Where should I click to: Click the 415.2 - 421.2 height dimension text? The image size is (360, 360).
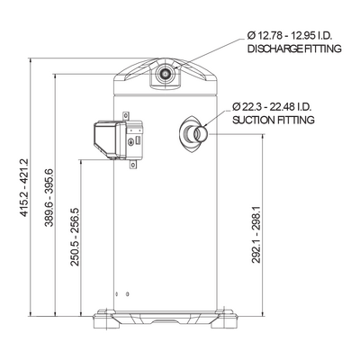coord(24,187)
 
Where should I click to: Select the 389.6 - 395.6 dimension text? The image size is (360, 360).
coord(49,197)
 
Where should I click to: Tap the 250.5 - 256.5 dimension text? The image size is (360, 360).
coord(75,237)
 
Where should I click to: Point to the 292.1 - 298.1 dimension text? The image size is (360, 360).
coord(256,235)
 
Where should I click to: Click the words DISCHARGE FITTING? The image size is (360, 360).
coord(294,49)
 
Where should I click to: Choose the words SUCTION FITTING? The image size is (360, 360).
coord(274,120)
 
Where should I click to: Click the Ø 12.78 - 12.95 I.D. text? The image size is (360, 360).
coord(289,36)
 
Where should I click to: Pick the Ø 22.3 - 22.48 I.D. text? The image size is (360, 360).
coord(272,106)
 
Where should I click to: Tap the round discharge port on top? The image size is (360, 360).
coord(165,73)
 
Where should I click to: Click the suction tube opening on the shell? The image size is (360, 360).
coord(201,134)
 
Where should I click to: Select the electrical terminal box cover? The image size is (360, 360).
coord(107,139)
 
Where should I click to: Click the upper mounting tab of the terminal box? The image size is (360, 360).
coord(126,116)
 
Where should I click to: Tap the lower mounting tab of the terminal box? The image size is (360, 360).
coord(132,165)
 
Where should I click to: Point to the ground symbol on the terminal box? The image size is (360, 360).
coord(130,142)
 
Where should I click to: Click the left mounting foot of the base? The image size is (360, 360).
coord(106,319)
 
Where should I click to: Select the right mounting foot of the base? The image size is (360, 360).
coord(224,319)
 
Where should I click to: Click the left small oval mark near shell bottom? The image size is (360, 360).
coord(117,293)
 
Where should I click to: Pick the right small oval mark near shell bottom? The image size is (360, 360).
coord(128,293)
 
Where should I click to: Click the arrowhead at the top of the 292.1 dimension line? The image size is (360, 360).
coord(263,137)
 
